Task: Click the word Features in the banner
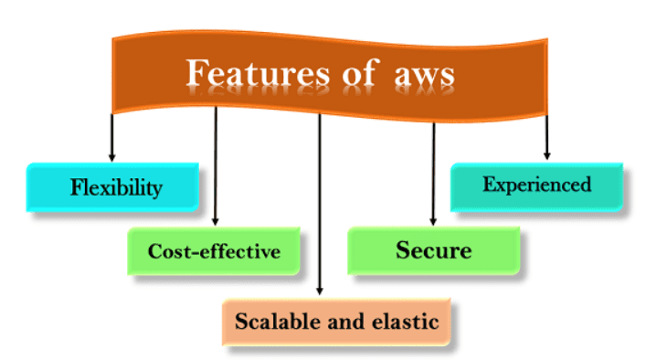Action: click(250, 73)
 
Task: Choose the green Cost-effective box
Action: click(214, 250)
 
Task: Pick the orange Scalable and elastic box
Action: click(336, 322)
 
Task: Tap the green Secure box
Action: click(434, 249)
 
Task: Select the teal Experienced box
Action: click(537, 185)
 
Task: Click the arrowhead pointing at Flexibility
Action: click(111, 157)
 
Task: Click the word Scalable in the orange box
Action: click(271, 322)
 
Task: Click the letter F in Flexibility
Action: click(76, 188)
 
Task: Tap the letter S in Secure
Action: click(403, 249)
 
